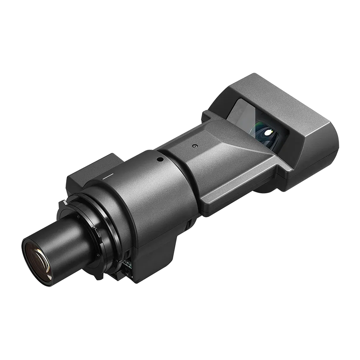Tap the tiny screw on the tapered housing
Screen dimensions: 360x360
tap(194, 146)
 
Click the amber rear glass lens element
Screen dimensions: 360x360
tap(38, 262)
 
